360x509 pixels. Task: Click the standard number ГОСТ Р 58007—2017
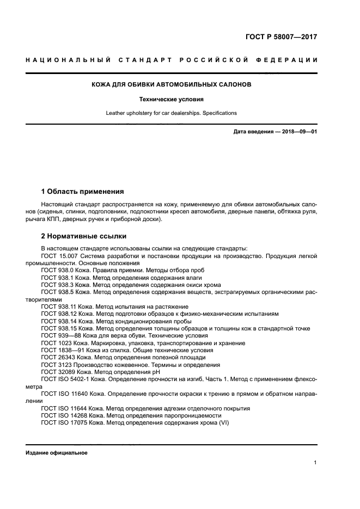281,38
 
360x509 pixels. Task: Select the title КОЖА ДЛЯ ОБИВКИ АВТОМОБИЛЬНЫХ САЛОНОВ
171,85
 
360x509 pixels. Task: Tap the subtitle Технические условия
171,100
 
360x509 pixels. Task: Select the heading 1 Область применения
83,192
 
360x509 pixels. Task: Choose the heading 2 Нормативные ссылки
84,236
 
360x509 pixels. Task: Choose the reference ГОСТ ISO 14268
64,415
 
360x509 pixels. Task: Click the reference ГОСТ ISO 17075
64,422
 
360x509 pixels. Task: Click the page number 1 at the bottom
315,462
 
